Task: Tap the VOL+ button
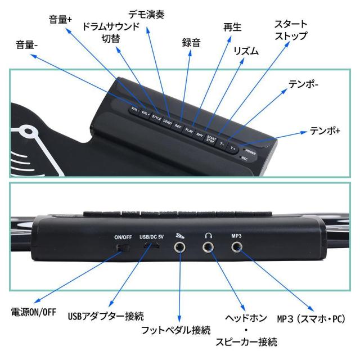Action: click(146, 113)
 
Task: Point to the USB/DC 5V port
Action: click(150, 246)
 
